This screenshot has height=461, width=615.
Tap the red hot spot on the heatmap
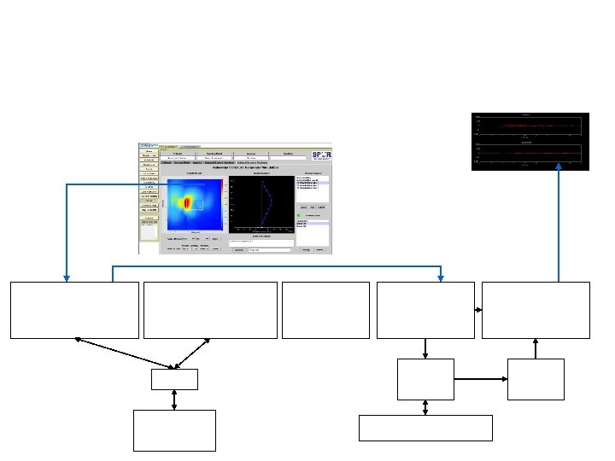pos(189,202)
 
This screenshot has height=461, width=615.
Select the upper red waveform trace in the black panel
pos(530,126)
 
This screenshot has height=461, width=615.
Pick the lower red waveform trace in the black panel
pos(530,153)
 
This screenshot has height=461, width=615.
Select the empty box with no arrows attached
pos(325,310)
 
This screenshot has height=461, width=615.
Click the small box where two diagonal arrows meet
pos(174,379)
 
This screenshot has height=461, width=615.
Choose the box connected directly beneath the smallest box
pos(174,430)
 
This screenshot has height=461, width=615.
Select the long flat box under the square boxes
pos(425,428)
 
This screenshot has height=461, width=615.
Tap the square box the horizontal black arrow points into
pos(536,379)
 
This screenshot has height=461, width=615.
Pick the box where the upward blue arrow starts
pos(536,310)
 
